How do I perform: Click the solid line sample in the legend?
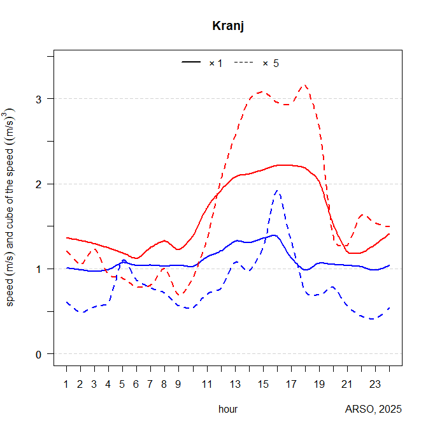[191, 63]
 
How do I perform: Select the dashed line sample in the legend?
[244, 63]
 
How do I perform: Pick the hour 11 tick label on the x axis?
[207, 384]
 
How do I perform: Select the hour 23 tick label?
[375, 384]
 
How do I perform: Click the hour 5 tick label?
[122, 384]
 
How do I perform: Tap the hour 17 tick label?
[291, 384]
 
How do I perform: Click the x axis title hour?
[228, 409]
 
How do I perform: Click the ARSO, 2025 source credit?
[373, 409]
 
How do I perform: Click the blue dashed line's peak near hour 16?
[277, 190]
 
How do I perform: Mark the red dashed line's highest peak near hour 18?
[304, 85]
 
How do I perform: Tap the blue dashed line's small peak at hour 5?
[123, 260]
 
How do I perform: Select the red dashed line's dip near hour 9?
[179, 295]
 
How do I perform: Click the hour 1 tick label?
[66, 384]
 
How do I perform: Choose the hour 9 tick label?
[179, 384]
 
